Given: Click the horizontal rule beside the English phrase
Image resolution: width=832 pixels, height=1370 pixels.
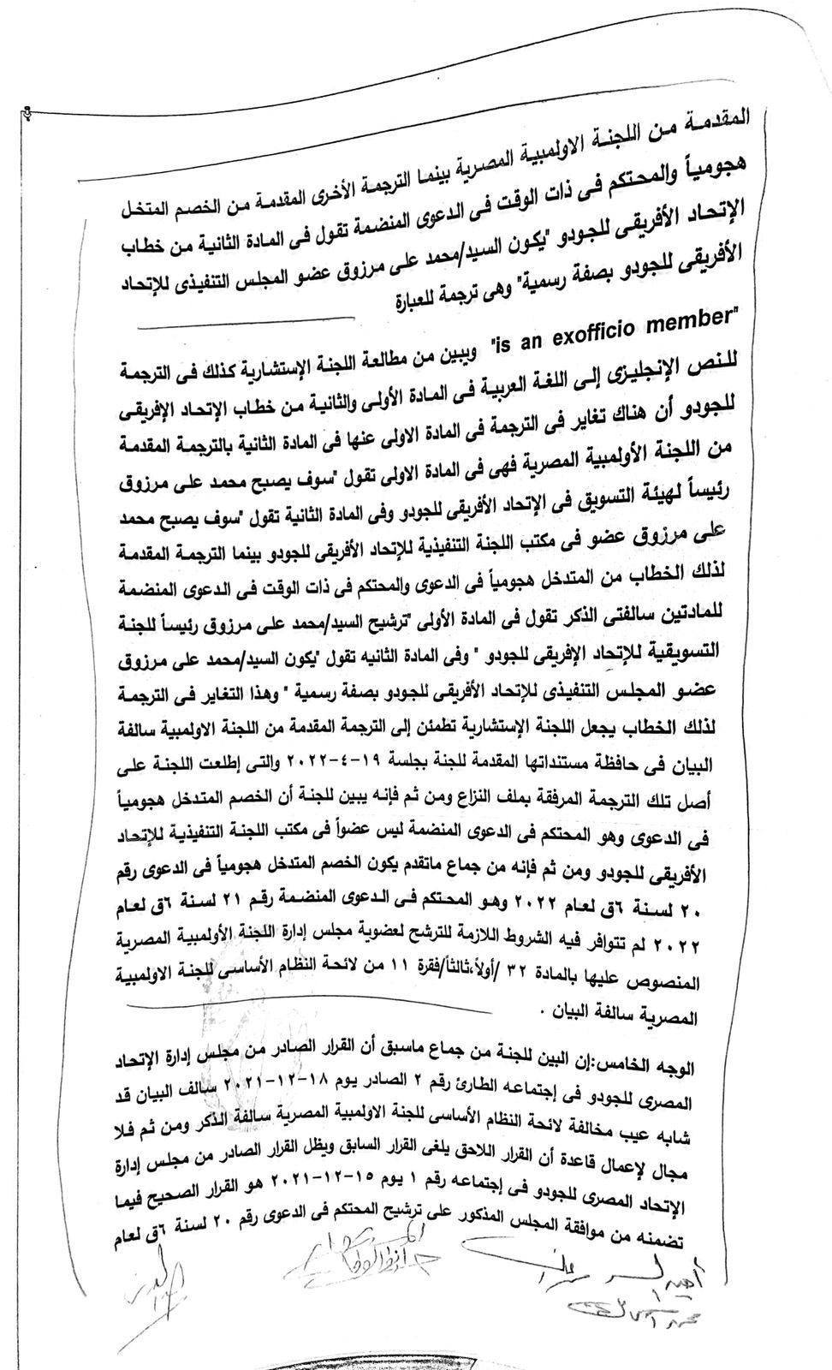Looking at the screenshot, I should pyautogui.click(x=248, y=323).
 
